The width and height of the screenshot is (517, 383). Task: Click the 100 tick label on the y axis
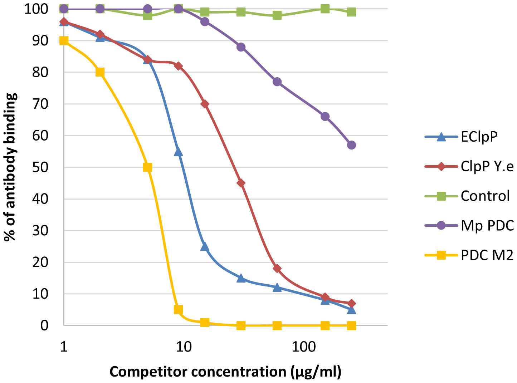(x=36, y=9)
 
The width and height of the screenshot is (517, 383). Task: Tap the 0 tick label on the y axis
(x=44, y=325)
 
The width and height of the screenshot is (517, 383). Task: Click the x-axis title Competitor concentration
(x=225, y=372)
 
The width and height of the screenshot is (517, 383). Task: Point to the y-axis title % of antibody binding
(x=11, y=167)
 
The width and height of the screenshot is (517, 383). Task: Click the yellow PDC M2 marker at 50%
(x=147, y=167)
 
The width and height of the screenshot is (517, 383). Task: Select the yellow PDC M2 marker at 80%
(x=100, y=72)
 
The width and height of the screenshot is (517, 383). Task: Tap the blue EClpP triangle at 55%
(x=178, y=152)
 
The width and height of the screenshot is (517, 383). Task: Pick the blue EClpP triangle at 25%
(x=205, y=246)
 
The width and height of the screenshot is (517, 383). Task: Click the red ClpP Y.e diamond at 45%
(x=241, y=183)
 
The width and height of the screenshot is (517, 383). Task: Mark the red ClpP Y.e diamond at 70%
(x=205, y=104)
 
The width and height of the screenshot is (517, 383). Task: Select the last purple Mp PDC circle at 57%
(x=351, y=145)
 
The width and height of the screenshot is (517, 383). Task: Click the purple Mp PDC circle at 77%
(x=277, y=82)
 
